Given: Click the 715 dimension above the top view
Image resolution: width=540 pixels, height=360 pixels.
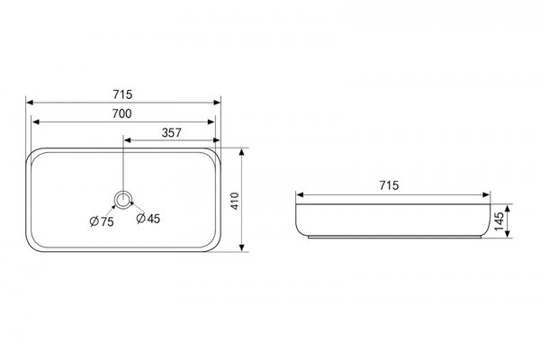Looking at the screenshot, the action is tap(122, 94).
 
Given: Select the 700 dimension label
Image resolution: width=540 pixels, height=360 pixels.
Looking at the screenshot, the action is tap(121, 113).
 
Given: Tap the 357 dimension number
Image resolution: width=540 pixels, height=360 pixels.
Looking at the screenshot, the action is tap(172, 132).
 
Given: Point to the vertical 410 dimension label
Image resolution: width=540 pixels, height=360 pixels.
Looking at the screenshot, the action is tap(235, 201).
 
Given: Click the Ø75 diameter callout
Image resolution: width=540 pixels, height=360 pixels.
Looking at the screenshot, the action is tap(102, 221).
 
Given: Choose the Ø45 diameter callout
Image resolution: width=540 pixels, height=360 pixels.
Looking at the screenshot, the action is tap(148, 219).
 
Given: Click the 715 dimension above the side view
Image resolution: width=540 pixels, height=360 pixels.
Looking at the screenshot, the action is tap(389, 185).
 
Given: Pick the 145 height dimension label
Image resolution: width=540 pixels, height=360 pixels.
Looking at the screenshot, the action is tap(499, 221).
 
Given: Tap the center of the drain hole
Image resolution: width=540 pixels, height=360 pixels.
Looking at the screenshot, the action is tap(123, 200).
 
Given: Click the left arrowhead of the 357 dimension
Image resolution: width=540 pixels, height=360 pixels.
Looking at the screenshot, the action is tap(128, 139).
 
